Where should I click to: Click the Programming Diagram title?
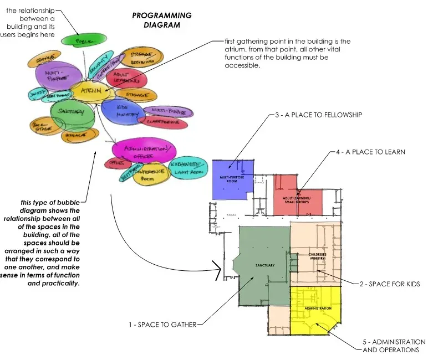pos(162,20)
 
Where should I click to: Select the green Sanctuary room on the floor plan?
pos(264,266)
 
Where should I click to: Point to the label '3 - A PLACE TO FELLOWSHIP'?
pos(318,115)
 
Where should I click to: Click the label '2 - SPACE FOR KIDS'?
pos(389,284)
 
